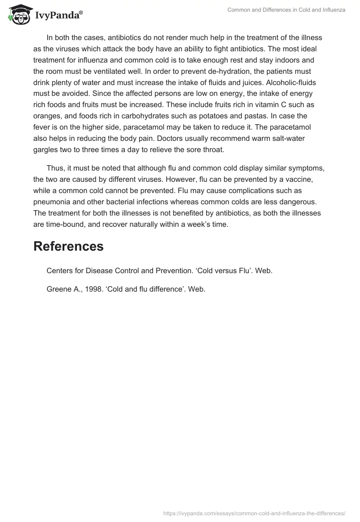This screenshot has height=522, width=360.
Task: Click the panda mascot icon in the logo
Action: point(18,14)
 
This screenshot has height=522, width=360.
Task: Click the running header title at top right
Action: point(286,10)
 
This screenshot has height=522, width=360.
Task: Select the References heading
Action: point(68,246)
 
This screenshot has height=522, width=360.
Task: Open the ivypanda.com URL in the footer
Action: point(255,513)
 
